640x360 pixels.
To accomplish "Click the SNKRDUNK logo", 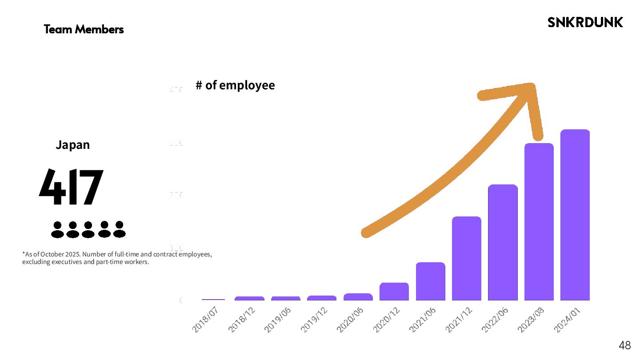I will click(585, 22).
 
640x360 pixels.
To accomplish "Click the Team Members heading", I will click(84, 30).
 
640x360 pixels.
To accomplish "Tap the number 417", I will click(71, 187).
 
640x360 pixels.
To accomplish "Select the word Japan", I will click(72, 145).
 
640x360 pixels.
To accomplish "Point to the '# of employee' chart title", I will click(235, 85).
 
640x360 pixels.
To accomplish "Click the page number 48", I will click(624, 345).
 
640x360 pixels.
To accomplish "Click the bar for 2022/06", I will click(503, 242).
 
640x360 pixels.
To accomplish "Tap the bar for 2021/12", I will click(466, 258).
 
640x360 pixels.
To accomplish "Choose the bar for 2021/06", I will click(430, 281).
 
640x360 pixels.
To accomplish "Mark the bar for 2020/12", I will click(394, 291).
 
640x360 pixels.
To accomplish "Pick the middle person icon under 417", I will click(88, 229).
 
